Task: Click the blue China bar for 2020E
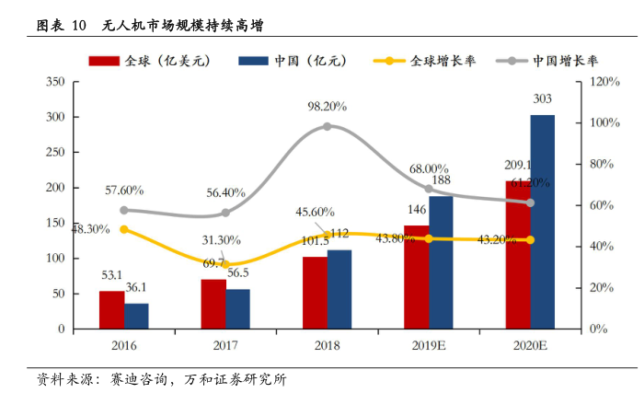[543, 221]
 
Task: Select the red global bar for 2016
[111, 309]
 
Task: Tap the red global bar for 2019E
[416, 276]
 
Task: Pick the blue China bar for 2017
[237, 308]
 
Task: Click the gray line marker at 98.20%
[327, 126]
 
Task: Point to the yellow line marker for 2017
[225, 264]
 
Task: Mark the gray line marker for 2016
[124, 210]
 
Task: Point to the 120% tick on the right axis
[607, 82]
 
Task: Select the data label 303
[543, 99]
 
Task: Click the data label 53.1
[112, 275]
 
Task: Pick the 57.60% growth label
[124, 191]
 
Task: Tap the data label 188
[442, 180]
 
